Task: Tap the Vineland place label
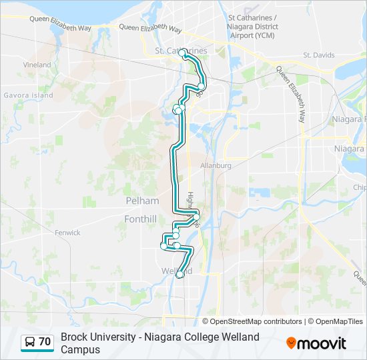37,65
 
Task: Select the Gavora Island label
29,95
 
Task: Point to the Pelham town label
142,201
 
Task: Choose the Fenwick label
68,233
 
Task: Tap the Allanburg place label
216,165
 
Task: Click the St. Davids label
317,55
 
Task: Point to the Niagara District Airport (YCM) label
253,26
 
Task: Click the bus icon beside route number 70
30,342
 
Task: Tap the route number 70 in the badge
45,342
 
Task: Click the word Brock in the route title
74,337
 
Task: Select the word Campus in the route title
80,349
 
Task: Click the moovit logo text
322,343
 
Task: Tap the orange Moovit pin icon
291,343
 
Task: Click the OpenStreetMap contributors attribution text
256,321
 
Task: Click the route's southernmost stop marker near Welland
179,275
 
